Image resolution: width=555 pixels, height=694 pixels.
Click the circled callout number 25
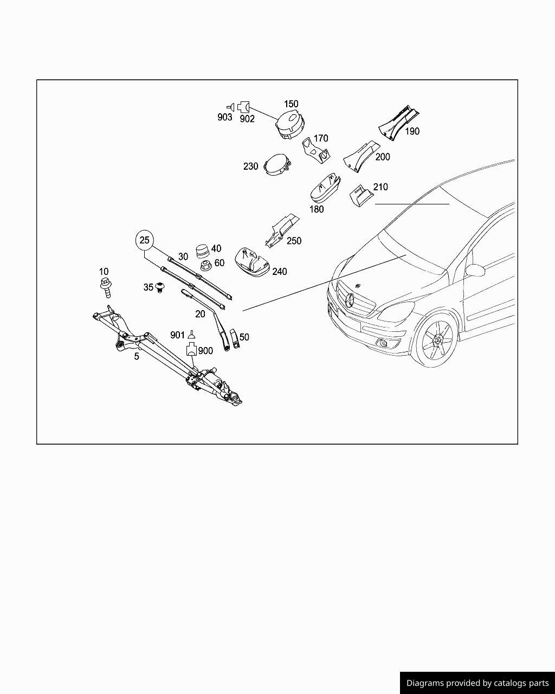coord(145,240)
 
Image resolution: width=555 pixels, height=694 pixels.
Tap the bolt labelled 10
coord(106,287)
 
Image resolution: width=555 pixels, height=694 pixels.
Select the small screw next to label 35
coord(159,287)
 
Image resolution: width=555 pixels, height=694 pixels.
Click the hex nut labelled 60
coord(206,266)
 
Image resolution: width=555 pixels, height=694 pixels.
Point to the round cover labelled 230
coord(277,164)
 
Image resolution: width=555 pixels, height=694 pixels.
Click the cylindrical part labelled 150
coord(291,125)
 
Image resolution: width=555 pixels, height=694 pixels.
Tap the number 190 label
coord(412,131)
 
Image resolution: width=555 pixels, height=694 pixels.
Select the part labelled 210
coord(360,195)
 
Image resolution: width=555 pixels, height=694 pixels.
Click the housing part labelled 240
coord(252,262)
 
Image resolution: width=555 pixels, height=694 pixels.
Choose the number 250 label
coord(294,241)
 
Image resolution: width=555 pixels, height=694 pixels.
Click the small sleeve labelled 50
coord(235,339)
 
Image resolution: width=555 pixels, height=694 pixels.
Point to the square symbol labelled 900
coord(191,350)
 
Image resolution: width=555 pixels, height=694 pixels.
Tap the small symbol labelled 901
coord(192,335)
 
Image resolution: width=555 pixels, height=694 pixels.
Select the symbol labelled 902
coord(243,107)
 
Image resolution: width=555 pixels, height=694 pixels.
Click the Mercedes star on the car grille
coord(350,300)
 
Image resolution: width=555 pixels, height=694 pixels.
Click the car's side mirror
coord(475,270)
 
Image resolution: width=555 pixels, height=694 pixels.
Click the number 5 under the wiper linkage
coord(137,356)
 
